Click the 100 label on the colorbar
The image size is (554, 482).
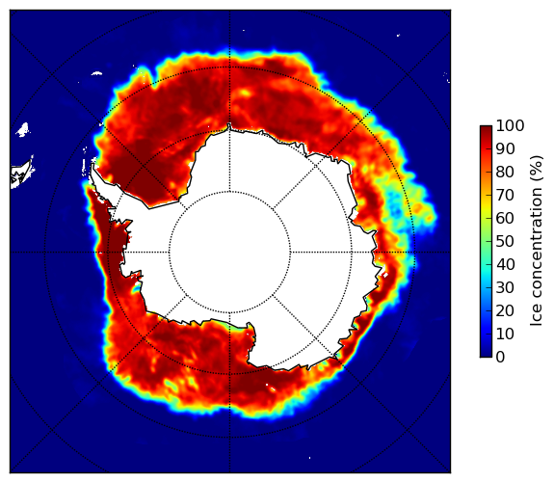coord(510,125)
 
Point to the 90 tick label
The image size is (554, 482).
coord(505,148)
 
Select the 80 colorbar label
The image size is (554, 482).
coord(505,173)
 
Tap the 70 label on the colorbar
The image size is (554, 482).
coord(505,195)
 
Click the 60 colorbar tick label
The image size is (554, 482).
coord(505,218)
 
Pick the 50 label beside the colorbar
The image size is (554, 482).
coord(505,242)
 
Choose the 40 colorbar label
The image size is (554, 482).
coord(505,264)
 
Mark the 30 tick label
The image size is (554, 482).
coord(505,288)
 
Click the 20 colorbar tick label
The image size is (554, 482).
coord(505,310)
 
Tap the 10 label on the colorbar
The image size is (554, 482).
coord(505,334)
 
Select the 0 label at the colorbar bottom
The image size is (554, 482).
coord(500,358)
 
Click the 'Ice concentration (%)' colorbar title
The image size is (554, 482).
coord(536,241)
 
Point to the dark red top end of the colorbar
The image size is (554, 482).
coord(486,128)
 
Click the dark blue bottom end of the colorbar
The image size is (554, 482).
coord(486,355)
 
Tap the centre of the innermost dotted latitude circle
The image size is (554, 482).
coord(229,253)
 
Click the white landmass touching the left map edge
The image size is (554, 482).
coord(20,174)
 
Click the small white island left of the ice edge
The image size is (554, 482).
coord(22,129)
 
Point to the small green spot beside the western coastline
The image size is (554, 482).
coord(135,291)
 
